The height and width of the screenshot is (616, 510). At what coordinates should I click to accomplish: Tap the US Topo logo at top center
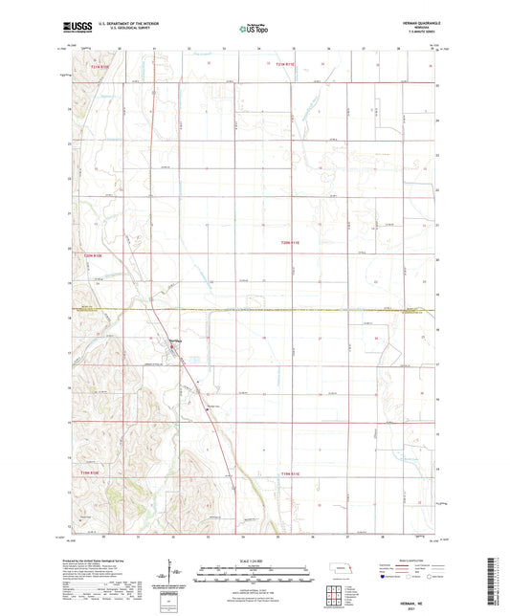click(254, 29)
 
